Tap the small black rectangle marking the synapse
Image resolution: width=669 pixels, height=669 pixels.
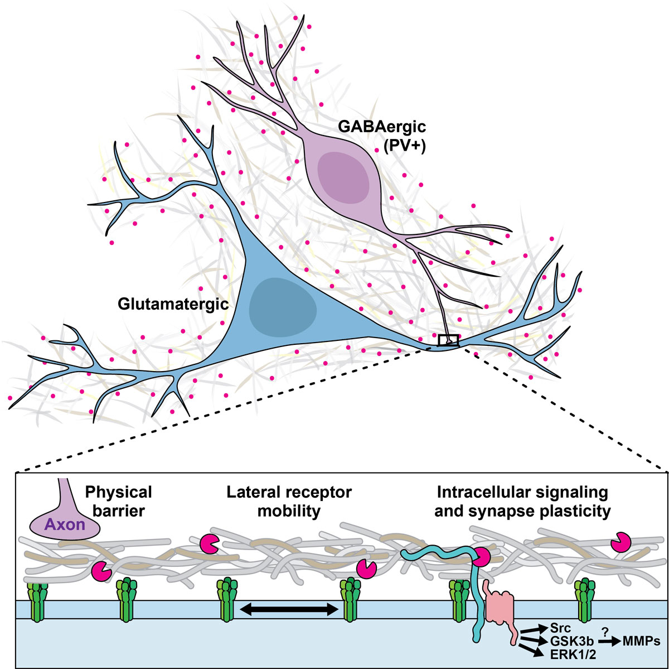tap(448, 340)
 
